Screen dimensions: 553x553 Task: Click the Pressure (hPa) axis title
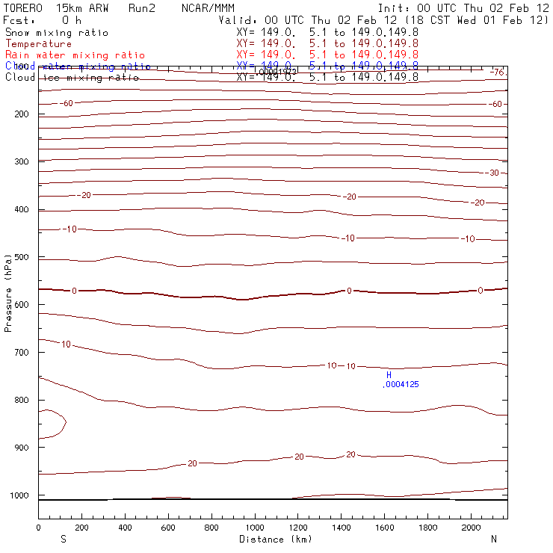pyautogui.click(x=8, y=287)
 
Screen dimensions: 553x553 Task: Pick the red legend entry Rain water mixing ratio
pyautogui.click(x=75, y=55)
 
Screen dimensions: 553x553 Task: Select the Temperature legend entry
pyautogui.click(x=39, y=44)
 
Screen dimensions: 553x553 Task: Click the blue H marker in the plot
pyautogui.click(x=389, y=374)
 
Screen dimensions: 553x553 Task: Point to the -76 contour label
pyautogui.click(x=498, y=72)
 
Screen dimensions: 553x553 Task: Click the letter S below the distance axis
pyautogui.click(x=62, y=539)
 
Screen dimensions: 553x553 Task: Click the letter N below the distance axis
pyautogui.click(x=493, y=539)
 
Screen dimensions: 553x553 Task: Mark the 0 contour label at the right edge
pyautogui.click(x=481, y=290)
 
